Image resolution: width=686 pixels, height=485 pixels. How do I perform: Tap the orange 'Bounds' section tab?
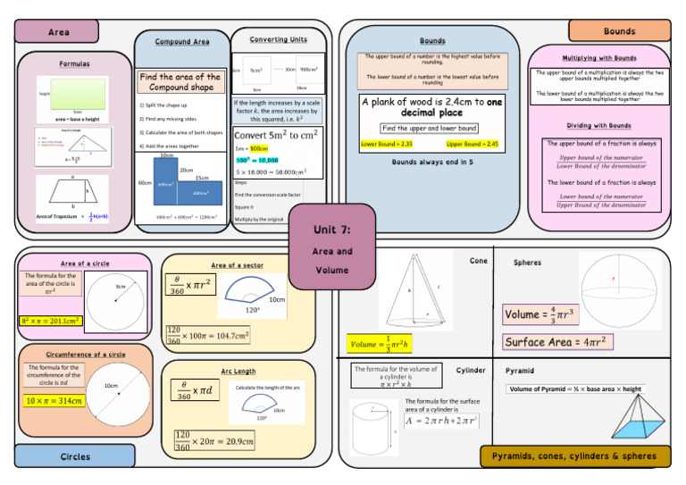(619, 31)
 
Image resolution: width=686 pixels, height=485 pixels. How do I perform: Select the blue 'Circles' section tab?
(75, 456)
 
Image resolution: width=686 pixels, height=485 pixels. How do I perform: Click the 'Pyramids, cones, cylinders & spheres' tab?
(574, 456)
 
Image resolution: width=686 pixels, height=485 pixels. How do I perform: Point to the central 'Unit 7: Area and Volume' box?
(332, 246)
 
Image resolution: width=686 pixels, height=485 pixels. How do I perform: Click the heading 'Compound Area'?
(182, 42)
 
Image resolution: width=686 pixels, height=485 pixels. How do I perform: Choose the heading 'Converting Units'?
(278, 40)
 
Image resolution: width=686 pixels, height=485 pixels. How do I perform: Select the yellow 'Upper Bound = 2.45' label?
(472, 144)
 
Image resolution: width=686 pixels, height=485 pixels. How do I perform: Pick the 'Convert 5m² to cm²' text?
(278, 135)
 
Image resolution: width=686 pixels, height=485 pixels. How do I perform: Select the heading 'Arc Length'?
(238, 371)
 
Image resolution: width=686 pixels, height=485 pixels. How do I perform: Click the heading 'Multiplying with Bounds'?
(598, 58)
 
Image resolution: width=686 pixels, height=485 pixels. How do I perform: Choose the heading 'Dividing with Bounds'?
(598, 126)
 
